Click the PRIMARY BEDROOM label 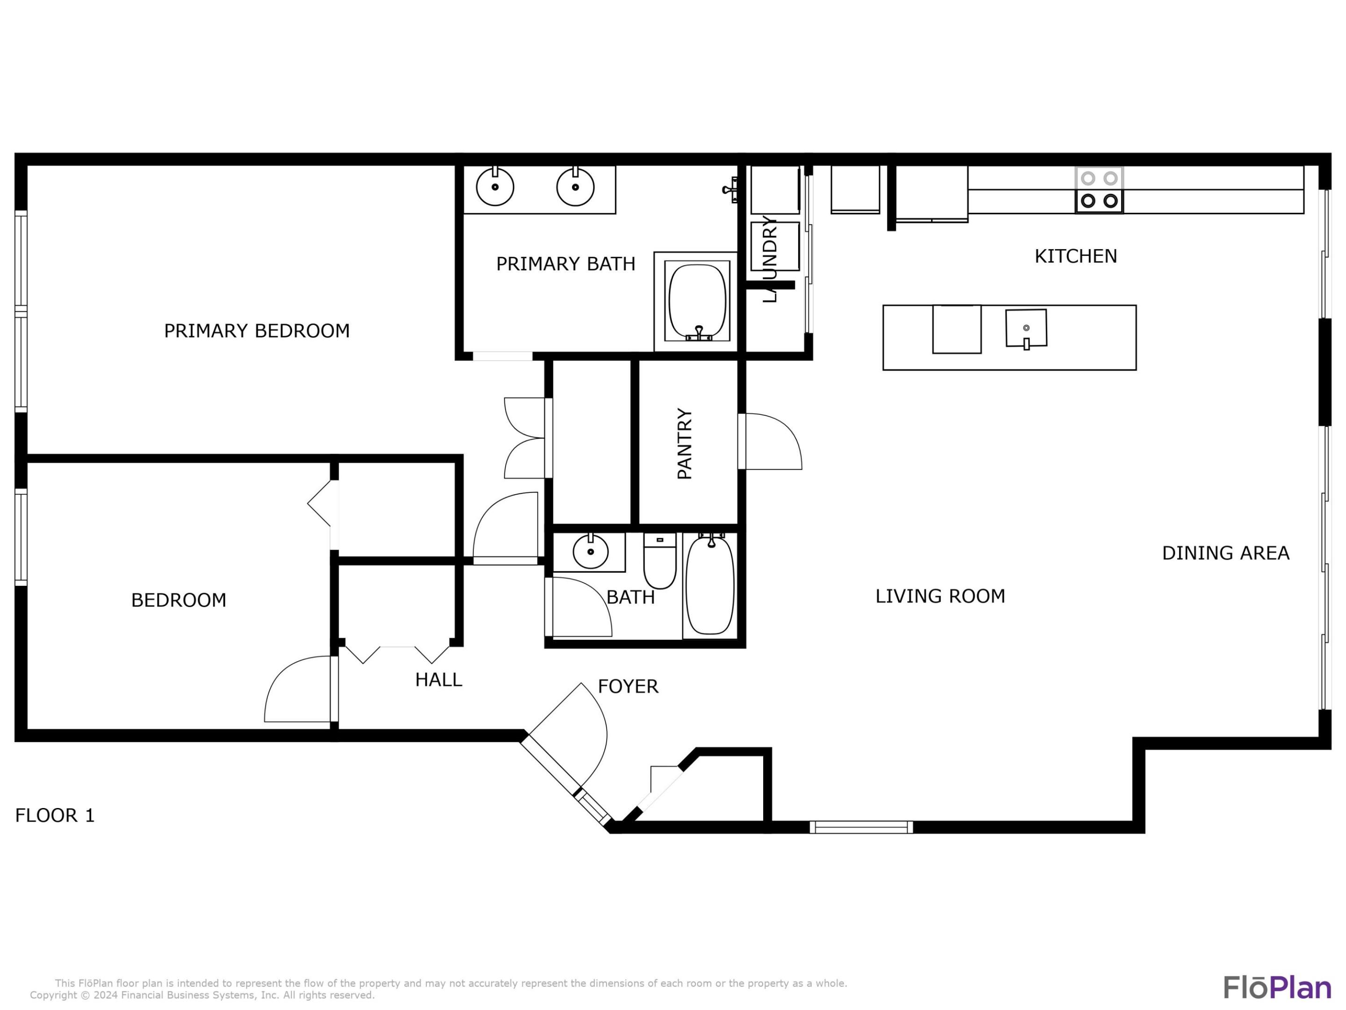257,331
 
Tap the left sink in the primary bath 495,186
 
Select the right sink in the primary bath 575,186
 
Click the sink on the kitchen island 1026,328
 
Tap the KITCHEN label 1076,256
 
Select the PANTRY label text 685,444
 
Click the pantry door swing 772,441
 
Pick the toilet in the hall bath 659,560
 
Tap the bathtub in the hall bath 710,584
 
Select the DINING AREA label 1225,553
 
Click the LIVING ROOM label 940,596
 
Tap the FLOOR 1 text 55,815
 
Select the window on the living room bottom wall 861,827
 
